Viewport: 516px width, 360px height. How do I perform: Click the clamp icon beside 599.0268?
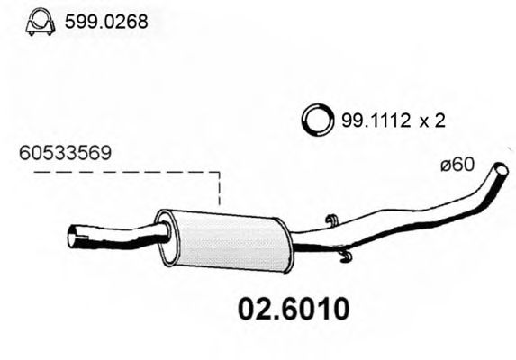(39, 22)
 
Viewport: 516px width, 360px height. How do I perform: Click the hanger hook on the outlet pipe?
(330, 222)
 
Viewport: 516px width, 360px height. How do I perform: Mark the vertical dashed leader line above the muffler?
(219, 191)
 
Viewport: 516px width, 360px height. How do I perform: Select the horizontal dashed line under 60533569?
(117, 174)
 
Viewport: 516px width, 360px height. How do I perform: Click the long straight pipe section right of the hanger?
(396, 217)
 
